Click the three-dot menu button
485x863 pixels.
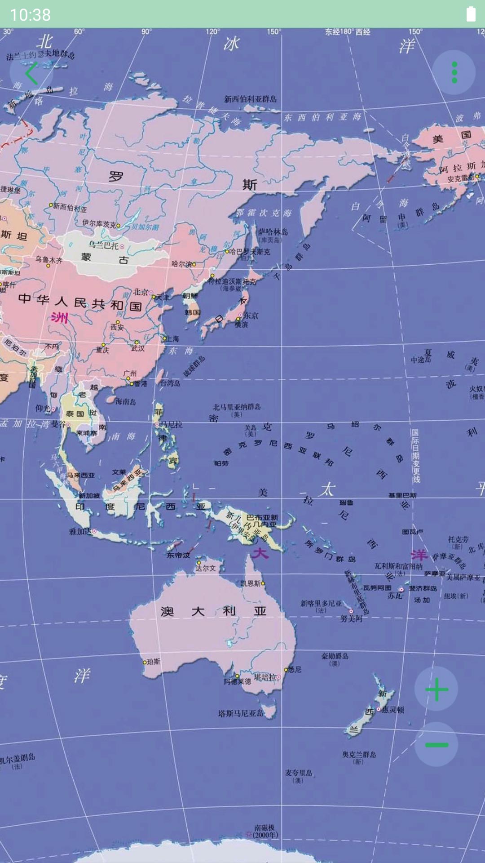coord(454,72)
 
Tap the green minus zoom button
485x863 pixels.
coord(436,745)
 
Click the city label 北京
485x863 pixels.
coord(141,292)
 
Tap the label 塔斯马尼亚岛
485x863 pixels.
coord(241,713)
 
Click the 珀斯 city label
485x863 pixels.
coord(153,662)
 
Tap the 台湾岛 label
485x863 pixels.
coord(170,383)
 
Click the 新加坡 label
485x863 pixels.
coord(89,495)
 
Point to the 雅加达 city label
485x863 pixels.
coord(80,531)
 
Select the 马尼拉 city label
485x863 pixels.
coord(171,424)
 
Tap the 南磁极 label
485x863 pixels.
coord(265,827)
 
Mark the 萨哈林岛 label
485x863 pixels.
coord(273,232)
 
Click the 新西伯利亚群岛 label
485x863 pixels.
coord(251,99)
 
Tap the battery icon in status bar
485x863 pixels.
coord(471,14)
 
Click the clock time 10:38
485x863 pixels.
coord(31,15)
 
